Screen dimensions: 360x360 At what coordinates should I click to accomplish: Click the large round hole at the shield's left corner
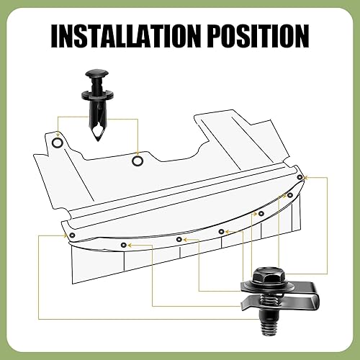pyautogui.click(x=57, y=144)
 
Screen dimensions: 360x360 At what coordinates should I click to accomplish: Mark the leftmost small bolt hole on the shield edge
pyautogui.click(x=71, y=235)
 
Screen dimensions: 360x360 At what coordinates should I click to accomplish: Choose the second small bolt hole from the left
pyautogui.click(x=123, y=245)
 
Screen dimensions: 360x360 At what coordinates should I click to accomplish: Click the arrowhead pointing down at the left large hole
pyautogui.click(x=57, y=132)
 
